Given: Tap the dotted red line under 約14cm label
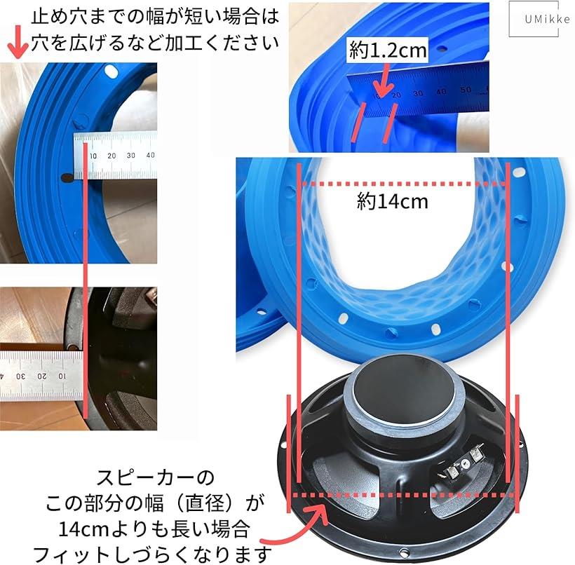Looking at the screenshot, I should tap(403, 185).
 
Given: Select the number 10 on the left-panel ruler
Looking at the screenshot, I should tap(93, 155).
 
